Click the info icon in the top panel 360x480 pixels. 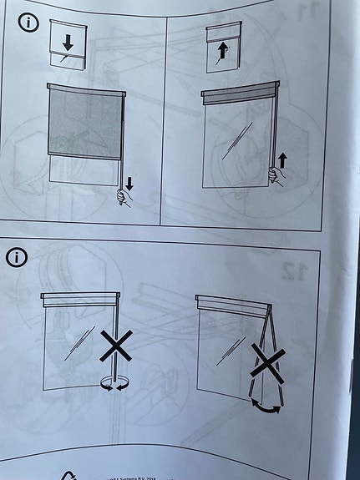[x=28, y=23]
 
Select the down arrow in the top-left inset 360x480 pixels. [x=68, y=40]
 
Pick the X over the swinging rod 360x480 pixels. [x=266, y=364]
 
